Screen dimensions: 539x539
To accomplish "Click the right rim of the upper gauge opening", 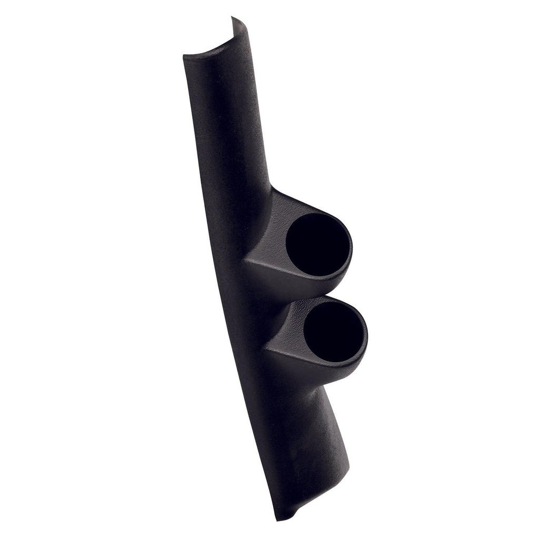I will (351, 247).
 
